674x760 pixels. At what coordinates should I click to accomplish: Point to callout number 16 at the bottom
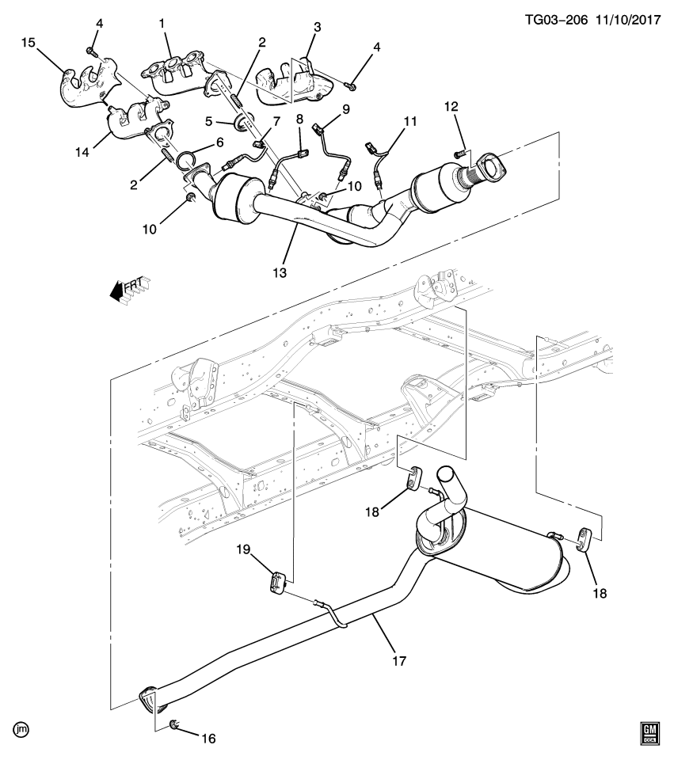(208, 739)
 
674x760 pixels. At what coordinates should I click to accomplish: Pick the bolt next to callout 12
(460, 152)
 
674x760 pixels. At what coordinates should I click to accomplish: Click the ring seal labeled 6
(186, 161)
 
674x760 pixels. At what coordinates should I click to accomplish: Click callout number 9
(345, 108)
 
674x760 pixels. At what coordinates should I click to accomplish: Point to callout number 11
(409, 123)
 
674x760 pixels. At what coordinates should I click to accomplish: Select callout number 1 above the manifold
(162, 24)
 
